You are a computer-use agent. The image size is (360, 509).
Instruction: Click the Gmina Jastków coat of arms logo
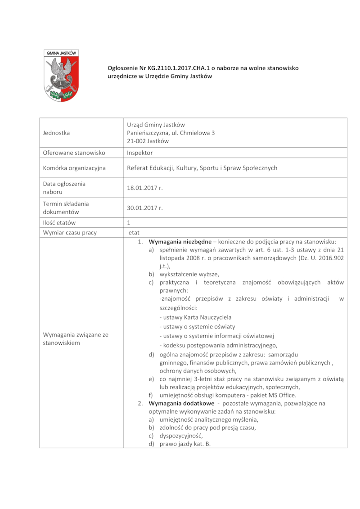(x=61, y=75)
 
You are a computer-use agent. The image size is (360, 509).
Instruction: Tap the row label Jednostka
(x=56, y=133)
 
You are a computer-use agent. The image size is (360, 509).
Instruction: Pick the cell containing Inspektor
(x=140, y=153)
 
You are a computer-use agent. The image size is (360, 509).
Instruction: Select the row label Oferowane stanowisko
(x=74, y=153)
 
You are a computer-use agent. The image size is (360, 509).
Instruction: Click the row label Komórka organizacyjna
(x=74, y=168)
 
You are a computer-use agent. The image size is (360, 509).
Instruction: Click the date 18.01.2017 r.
(x=144, y=188)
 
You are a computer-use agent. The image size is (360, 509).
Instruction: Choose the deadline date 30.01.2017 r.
(x=144, y=208)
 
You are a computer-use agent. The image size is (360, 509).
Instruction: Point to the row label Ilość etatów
(x=59, y=222)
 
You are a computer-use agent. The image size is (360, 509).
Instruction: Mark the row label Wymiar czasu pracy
(x=70, y=233)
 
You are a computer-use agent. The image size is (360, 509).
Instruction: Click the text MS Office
(x=282, y=395)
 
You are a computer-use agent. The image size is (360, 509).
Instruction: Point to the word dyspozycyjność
(x=181, y=436)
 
